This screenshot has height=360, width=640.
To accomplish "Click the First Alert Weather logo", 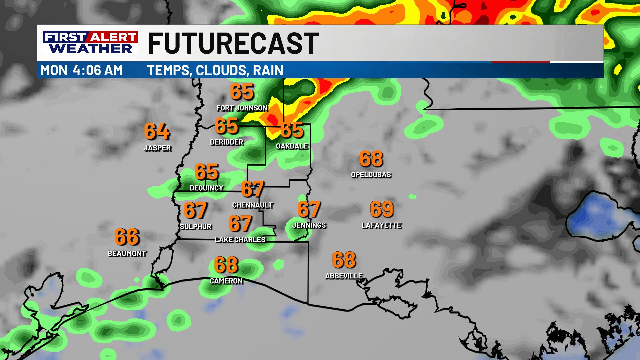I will [x=90, y=42].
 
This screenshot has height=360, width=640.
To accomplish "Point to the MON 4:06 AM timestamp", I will [x=82, y=70].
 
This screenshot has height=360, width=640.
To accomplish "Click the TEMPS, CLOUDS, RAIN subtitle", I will [x=215, y=70].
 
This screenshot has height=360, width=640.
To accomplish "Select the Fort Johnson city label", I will [x=242, y=108].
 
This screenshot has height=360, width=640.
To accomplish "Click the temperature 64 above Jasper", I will [x=157, y=131].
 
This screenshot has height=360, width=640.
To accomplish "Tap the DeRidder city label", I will [x=227, y=142].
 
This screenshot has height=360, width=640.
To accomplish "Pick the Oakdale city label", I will [x=292, y=146].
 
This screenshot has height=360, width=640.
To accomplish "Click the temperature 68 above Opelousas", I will [x=371, y=159].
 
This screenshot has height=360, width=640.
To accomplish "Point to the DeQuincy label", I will [x=206, y=188].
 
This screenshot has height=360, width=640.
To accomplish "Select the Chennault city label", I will [x=253, y=205].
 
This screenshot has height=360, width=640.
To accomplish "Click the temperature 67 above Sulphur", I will [x=195, y=210].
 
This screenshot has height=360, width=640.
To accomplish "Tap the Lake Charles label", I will [x=240, y=240].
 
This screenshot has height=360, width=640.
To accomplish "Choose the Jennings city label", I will [x=309, y=225].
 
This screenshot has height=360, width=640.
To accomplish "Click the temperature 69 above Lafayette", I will [x=382, y=209].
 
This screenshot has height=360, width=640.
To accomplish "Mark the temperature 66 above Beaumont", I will [x=127, y=237].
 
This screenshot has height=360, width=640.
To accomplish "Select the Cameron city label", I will [x=226, y=281].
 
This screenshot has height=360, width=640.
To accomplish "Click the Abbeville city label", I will [x=344, y=276].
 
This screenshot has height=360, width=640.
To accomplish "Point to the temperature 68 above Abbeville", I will [x=344, y=260].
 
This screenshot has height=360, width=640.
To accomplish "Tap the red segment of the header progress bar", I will [x=521, y=62].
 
